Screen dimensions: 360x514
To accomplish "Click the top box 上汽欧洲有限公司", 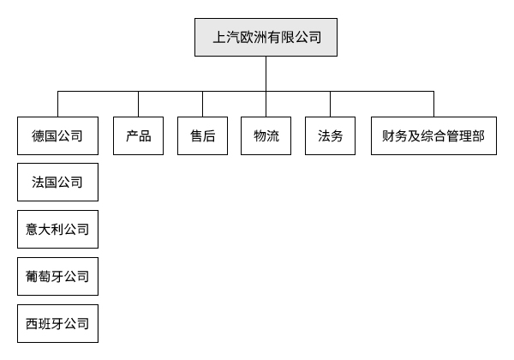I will (x=266, y=37).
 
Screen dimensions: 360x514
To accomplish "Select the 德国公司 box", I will (x=57, y=135).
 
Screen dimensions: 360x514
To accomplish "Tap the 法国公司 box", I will (x=57, y=183).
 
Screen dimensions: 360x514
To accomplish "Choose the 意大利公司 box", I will (x=57, y=230).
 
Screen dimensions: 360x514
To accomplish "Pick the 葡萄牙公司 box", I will (x=57, y=277).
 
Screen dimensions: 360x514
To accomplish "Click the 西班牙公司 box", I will (x=57, y=324).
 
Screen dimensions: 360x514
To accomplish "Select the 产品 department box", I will (x=139, y=135).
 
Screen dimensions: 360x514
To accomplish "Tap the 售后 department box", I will (x=202, y=135).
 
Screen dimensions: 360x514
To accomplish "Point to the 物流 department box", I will (x=266, y=135).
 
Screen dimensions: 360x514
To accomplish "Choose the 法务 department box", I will (x=330, y=135).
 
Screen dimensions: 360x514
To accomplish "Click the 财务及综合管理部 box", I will (x=433, y=135).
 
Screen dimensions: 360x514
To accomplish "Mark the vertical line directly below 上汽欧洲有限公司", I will (x=266, y=74).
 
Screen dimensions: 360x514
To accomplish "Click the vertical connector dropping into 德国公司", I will (x=57, y=103).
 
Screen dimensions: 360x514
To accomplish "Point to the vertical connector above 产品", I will (x=139, y=103).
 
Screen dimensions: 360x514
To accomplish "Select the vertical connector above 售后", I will (x=202, y=103).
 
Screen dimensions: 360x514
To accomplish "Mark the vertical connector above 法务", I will (x=330, y=103).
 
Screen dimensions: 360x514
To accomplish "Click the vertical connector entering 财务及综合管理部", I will (x=433, y=103).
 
